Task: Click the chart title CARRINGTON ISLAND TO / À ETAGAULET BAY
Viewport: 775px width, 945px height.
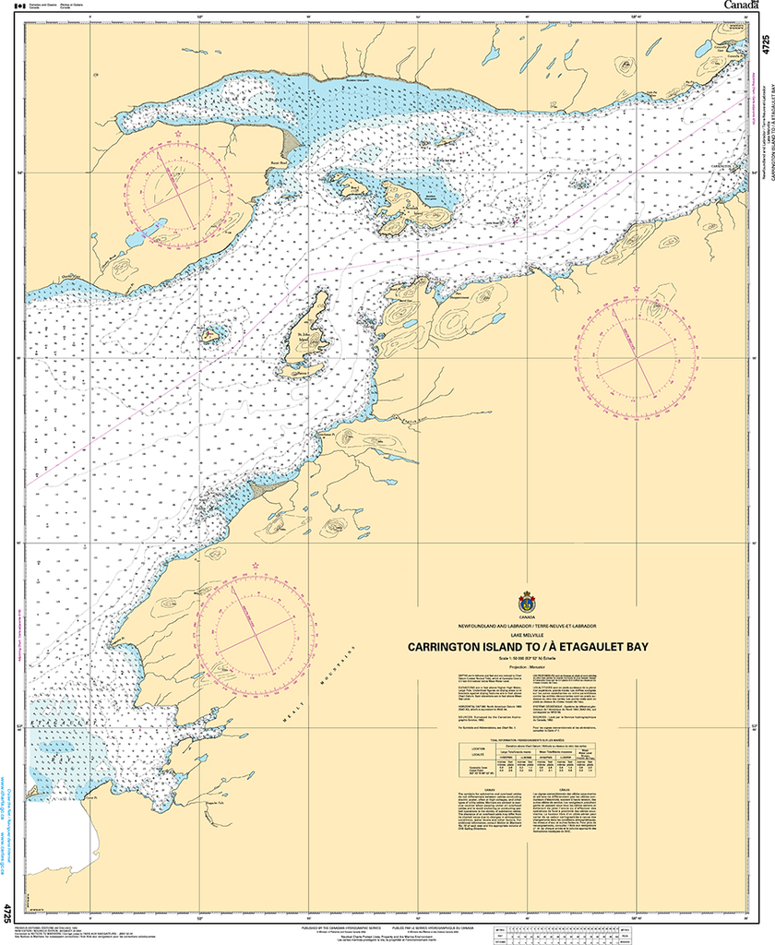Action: pyautogui.click(x=528, y=647)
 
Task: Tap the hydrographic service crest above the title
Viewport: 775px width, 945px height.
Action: pyautogui.click(x=528, y=600)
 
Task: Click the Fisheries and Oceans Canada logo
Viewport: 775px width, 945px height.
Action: pyautogui.click(x=46, y=6)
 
